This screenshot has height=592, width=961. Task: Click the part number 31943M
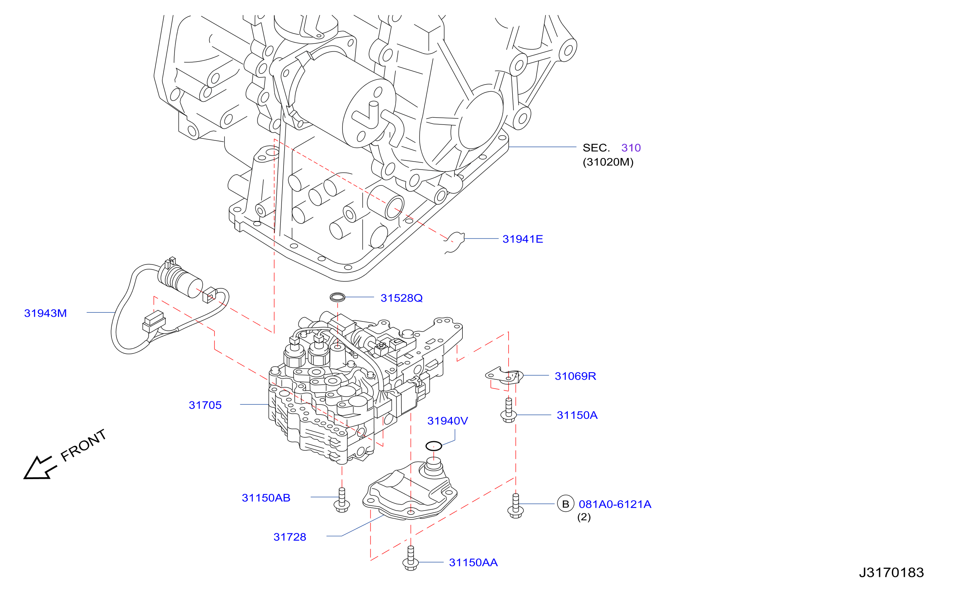coord(46,313)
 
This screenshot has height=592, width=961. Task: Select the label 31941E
coord(523,239)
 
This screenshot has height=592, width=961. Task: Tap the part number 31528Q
coord(401,298)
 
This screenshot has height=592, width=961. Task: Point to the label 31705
coord(205,405)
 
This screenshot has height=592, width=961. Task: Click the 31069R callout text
coord(575,376)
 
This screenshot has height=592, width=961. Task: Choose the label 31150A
coord(577,415)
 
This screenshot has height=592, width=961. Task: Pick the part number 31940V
coord(448,421)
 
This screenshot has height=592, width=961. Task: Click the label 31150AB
coord(266,498)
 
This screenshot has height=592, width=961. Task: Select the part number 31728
coord(290,537)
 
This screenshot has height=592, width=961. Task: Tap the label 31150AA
coord(473,562)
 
